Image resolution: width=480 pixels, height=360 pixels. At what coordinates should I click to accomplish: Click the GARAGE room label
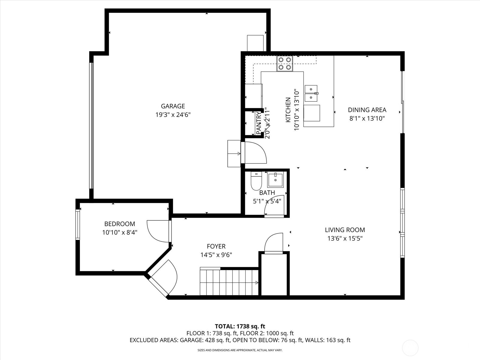[x=173, y=106]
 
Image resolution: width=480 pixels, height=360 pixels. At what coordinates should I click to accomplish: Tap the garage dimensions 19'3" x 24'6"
[x=173, y=115]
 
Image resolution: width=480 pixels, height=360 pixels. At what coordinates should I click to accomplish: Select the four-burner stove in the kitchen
[x=285, y=63]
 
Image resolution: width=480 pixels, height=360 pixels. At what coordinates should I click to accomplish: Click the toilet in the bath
[x=256, y=181]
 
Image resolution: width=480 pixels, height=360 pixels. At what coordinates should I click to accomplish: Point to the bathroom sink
[x=275, y=180]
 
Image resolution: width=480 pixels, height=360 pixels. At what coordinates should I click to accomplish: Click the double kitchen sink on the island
[x=311, y=93]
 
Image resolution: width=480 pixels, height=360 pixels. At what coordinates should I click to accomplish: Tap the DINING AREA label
[x=367, y=110]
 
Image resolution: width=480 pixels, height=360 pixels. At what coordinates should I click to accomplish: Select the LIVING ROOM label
[x=345, y=230]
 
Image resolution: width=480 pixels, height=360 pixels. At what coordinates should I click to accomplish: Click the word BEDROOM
[x=120, y=224]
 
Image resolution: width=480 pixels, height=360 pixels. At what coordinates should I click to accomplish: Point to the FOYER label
[x=216, y=246]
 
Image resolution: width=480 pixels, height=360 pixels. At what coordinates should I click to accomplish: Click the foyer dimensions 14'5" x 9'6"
[x=216, y=255]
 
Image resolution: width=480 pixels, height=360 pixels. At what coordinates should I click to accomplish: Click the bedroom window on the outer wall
[x=78, y=224]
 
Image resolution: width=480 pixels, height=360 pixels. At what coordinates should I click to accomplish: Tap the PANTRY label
[x=259, y=123]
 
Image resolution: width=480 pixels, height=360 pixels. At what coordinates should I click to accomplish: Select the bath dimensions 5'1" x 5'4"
[x=267, y=201]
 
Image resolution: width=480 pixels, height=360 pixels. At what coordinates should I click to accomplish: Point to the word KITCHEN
[x=288, y=110]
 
